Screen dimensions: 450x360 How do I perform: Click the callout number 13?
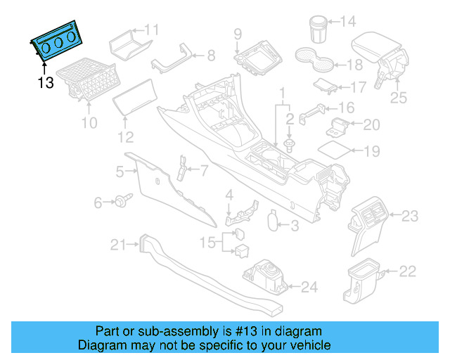[45, 83]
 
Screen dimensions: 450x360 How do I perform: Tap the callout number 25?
[398, 98]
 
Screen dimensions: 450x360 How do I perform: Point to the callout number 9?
[238, 33]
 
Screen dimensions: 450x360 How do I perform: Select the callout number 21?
[117, 245]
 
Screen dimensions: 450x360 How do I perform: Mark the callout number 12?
[125, 137]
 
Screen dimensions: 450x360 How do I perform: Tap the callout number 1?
[283, 93]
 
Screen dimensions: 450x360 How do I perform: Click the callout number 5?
[120, 171]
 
